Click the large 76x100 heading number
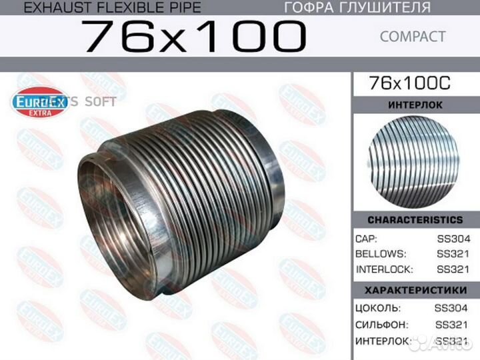tap(193, 37)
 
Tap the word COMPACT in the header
tap(413, 37)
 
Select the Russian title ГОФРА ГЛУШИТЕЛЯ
tap(357, 8)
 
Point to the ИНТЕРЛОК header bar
tap(415, 105)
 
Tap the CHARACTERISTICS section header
tap(415, 220)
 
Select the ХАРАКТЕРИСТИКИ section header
tap(415, 290)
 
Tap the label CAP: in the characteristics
tap(367, 239)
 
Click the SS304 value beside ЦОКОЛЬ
tap(451, 308)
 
